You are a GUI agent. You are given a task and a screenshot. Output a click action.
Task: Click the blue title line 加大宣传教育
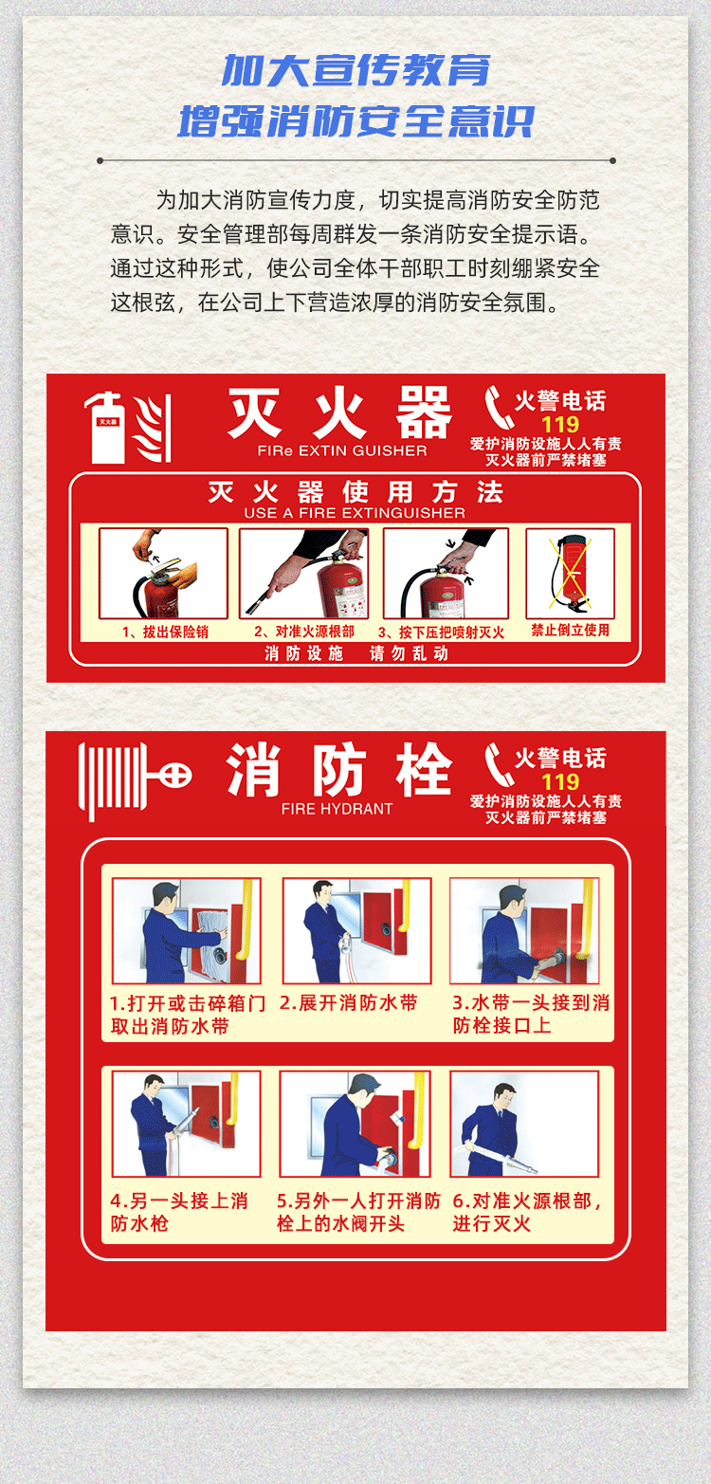[355, 70]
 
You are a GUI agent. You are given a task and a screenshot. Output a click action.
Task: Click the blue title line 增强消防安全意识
[355, 121]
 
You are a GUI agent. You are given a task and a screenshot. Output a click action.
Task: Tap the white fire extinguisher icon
[107, 427]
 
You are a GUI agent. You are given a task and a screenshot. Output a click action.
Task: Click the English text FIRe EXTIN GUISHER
[342, 450]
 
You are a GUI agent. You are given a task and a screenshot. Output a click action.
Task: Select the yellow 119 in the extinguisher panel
[560, 424]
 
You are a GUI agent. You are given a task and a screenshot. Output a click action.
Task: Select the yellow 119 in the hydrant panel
[560, 781]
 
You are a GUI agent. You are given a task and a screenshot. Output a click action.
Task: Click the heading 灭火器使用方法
[355, 492]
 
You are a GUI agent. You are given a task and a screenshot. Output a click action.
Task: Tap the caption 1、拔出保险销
[165, 632]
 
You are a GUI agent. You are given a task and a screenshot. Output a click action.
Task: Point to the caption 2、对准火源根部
[304, 632]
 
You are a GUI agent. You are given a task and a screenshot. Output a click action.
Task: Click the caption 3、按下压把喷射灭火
[441, 632]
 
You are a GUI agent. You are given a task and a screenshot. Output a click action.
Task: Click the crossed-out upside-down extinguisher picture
[570, 574]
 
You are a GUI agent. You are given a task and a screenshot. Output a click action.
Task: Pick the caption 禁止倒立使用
[570, 630]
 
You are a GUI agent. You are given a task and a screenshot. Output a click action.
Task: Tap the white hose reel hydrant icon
[135, 781]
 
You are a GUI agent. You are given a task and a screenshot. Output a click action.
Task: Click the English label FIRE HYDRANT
[337, 809]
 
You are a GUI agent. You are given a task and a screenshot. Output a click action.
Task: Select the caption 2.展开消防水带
[349, 1003]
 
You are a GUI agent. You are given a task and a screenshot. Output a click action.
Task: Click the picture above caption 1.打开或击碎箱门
[186, 931]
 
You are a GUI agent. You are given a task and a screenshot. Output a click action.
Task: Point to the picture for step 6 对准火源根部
[524, 1124]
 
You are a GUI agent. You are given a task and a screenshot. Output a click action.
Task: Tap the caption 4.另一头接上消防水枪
[179, 1212]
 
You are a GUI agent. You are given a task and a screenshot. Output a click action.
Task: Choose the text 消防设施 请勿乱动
[356, 654]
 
